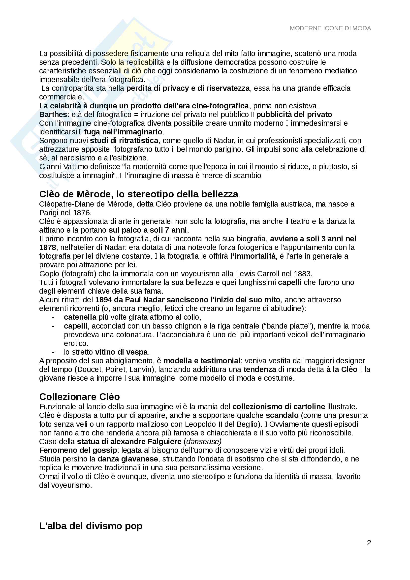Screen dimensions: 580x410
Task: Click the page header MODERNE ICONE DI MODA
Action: [x=330, y=28]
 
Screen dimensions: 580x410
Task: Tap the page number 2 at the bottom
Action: [x=369, y=543]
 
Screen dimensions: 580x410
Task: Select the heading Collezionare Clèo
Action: [x=79, y=397]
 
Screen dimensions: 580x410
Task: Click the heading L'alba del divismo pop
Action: [x=91, y=526]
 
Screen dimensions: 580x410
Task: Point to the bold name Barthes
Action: [x=53, y=114]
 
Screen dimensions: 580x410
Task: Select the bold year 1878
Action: [x=47, y=247]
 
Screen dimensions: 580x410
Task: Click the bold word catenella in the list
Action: [x=80, y=317]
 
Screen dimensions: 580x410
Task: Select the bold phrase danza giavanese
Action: [x=128, y=459]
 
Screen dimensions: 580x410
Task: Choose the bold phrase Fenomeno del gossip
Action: [x=78, y=450]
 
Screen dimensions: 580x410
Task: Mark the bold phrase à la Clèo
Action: [x=342, y=369]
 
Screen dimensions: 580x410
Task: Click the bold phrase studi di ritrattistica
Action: [x=124, y=140]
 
